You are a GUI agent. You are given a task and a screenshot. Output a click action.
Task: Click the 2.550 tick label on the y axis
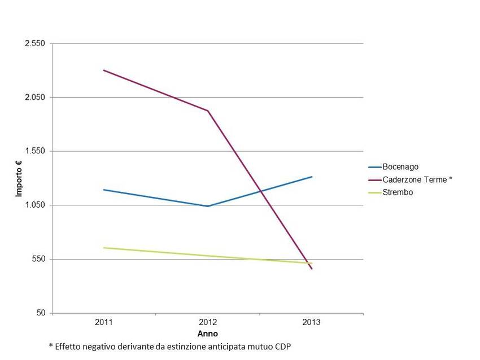[36, 43]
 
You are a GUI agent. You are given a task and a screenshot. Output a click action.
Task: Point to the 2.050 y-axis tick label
[36, 98]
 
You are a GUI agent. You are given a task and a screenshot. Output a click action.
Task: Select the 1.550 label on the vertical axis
[36, 151]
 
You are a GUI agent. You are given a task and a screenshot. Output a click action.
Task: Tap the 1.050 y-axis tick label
[36, 205]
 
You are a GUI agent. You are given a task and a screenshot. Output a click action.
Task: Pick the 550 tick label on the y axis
[39, 259]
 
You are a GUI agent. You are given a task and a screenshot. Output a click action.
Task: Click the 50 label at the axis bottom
[41, 313]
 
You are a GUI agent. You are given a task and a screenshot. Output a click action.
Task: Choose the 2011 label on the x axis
[104, 323]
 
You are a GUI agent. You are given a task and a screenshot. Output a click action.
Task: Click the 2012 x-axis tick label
[208, 323]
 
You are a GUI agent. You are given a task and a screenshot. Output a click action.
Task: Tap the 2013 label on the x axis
[311, 323]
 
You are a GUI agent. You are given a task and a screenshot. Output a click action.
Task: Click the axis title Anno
[208, 334]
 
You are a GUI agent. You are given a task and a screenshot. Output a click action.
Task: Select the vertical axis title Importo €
[19, 178]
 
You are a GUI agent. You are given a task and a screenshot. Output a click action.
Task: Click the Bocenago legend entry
[400, 167]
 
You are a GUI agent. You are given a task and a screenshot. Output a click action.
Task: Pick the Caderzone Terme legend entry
[417, 180]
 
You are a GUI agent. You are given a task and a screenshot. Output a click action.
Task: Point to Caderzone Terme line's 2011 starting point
[104, 70]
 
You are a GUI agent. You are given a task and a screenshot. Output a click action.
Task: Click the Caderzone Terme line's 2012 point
[208, 111]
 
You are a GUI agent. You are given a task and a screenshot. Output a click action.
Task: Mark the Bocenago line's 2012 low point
[208, 206]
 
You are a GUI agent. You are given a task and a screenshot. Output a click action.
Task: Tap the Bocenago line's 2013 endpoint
[312, 177]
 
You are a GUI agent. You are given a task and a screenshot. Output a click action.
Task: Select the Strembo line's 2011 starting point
[104, 248]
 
